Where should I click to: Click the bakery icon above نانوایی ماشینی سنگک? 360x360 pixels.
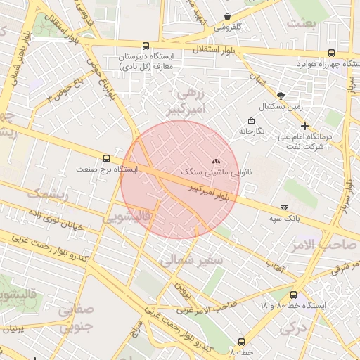click(215, 161)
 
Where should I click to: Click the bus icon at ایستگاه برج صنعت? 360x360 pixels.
click(106, 158)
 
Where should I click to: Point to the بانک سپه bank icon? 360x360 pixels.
click(284, 207)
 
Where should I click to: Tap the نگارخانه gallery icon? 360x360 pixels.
click(251, 120)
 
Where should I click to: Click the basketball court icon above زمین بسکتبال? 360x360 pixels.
click(281, 95)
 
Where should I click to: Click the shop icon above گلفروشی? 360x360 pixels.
click(227, 16)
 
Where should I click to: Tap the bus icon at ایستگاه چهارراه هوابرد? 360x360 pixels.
click(333, 54)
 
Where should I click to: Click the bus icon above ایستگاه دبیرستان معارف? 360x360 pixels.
click(146, 44)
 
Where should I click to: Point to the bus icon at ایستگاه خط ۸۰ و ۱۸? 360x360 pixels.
click(293, 295)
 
